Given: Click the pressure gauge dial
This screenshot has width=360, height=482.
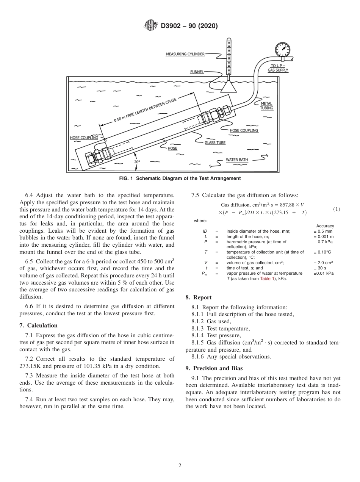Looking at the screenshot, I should pyautogui.click(x=282, y=49).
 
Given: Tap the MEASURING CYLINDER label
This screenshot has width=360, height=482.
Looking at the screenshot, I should pyautogui.click(x=185, y=54).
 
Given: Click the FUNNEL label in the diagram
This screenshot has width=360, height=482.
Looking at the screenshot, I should pyautogui.click(x=197, y=72).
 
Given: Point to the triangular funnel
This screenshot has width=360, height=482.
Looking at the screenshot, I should pyautogui.click(x=229, y=88).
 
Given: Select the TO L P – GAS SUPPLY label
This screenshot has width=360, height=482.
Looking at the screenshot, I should pyautogui.click(x=278, y=68).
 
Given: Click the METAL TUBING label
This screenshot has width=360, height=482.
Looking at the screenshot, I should pyautogui.click(x=266, y=106).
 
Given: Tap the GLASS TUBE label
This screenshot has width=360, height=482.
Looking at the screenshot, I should pyautogui.click(x=215, y=142).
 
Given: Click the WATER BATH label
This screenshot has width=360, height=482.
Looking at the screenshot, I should pyautogui.click(x=237, y=160).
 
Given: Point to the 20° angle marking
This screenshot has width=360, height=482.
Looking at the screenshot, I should pyautogui.click(x=137, y=162).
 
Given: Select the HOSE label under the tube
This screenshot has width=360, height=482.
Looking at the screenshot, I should pyautogui.click(x=172, y=149).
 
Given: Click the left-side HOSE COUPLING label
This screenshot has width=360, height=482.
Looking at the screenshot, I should pyautogui.click(x=84, y=138).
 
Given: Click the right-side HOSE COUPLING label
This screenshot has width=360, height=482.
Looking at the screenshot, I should pyautogui.click(x=244, y=130).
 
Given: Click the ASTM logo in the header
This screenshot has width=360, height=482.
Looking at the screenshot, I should pyautogui.click(x=151, y=26).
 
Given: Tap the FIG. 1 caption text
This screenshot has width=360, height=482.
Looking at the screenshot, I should pyautogui.click(x=180, y=178).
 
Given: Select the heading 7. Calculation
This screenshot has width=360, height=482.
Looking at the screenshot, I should pyautogui.click(x=38, y=326).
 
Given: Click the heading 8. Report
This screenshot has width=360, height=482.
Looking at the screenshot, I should pyautogui.click(x=199, y=297).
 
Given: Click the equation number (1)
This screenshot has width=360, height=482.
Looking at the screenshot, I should pyautogui.click(x=337, y=209).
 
